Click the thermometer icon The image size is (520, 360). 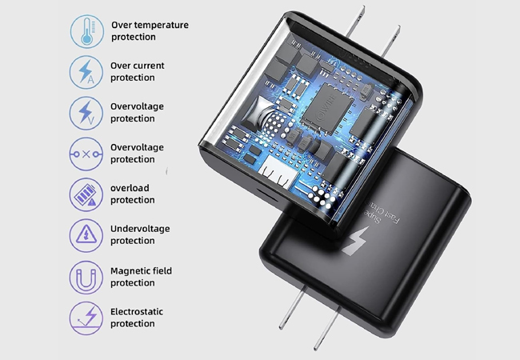pyautogui.click(x=86, y=30)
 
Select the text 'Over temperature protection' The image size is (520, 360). pyautogui.click(x=149, y=30)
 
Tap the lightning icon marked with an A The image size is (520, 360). pyautogui.click(x=86, y=71)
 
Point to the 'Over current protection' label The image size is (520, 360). pyautogui.click(x=137, y=71)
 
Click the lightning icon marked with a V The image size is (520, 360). pyautogui.click(x=86, y=112)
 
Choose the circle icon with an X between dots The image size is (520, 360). pyautogui.click(x=86, y=153)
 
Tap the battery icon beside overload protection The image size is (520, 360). pyautogui.click(x=86, y=194)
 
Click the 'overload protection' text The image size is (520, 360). pyautogui.click(x=133, y=194)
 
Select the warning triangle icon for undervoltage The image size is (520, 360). pyautogui.click(x=86, y=235)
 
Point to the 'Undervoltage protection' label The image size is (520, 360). pyautogui.click(x=139, y=235)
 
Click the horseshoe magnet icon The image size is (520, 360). pyautogui.click(x=86, y=277)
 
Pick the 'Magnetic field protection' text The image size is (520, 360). pyautogui.click(x=141, y=277)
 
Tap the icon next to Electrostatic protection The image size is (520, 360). pyautogui.click(x=86, y=318)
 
